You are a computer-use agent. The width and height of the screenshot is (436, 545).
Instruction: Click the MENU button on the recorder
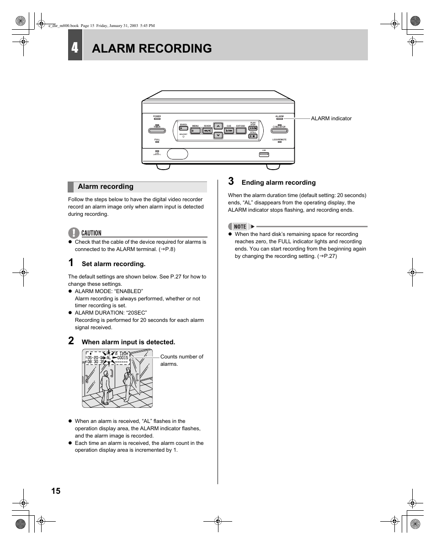[x=195, y=130]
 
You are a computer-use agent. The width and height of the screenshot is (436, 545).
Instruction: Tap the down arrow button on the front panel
[x=218, y=135]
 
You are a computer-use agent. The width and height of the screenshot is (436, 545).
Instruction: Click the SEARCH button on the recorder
[x=183, y=129]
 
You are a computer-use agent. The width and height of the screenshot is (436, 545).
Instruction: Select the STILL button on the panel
[x=253, y=136]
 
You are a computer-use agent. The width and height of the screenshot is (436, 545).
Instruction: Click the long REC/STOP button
[x=279, y=131]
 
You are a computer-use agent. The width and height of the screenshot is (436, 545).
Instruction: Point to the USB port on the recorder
[x=264, y=154]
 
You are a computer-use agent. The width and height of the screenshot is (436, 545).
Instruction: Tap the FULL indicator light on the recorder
[x=157, y=142]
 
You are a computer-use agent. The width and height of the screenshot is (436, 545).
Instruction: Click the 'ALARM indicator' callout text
[x=331, y=118]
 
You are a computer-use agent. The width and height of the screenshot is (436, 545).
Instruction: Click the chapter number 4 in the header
[x=75, y=48]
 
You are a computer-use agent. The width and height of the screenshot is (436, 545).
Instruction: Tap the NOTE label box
[x=240, y=226]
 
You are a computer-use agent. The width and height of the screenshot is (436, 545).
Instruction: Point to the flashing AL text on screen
[x=108, y=358]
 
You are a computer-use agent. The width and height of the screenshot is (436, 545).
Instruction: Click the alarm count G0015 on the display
[x=122, y=358]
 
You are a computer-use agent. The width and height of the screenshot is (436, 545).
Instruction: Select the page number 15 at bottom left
[x=55, y=491]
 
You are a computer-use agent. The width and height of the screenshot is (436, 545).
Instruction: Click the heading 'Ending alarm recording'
[x=278, y=183]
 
